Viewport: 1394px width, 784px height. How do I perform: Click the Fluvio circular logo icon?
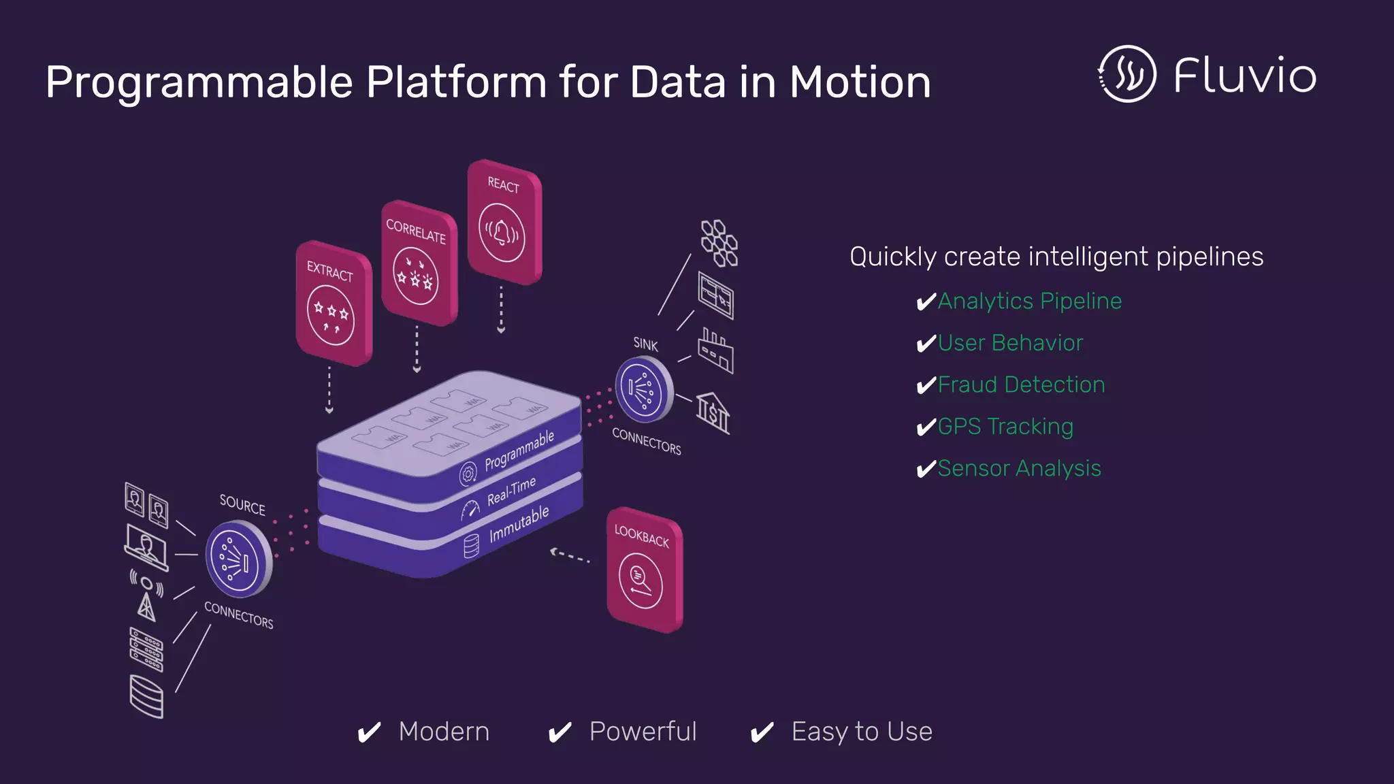tap(1127, 74)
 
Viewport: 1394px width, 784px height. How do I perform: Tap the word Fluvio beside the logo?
tap(1245, 76)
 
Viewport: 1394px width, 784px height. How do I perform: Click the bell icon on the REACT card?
tap(502, 233)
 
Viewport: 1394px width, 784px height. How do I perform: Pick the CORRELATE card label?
tap(416, 231)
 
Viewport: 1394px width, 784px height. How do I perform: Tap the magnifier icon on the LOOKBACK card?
tap(641, 578)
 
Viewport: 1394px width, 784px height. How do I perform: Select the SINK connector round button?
tap(642, 389)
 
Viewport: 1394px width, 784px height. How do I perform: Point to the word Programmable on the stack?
tap(519, 451)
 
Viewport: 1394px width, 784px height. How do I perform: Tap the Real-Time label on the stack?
tap(511, 491)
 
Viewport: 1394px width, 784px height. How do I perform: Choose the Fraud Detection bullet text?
tap(1021, 385)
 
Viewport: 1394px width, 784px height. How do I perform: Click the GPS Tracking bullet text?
tap(1005, 427)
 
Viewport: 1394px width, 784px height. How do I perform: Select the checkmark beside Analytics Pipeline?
tap(926, 301)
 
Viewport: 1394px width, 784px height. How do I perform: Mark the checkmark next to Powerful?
tap(560, 733)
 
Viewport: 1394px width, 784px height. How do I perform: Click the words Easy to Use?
tap(862, 732)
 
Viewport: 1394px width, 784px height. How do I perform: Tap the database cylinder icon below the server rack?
tap(146, 696)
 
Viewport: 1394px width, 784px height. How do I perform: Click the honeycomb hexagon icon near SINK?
tap(719, 243)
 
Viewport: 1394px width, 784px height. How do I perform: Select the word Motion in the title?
tap(860, 82)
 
